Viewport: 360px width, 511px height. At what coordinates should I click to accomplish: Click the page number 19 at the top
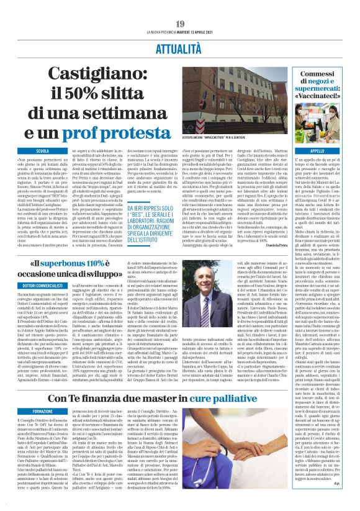179,24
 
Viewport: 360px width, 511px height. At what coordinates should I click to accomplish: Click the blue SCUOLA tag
43,151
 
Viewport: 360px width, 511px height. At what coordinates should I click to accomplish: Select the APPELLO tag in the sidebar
317,151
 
